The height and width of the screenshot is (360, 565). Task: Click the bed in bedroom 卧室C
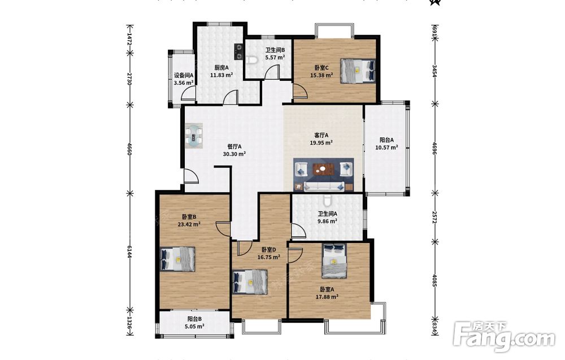[358, 71]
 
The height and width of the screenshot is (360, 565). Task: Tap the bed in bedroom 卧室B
[177, 259]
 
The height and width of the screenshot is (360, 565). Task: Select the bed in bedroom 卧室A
[334, 261]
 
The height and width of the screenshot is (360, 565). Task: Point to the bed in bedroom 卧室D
[250, 282]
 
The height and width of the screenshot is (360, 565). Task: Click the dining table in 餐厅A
[194, 136]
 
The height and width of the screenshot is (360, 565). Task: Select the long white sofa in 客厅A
[324, 186]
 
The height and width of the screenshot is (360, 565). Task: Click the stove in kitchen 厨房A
[239, 51]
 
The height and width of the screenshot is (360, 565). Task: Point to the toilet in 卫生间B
[252, 60]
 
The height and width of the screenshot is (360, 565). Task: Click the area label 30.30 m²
[234, 154]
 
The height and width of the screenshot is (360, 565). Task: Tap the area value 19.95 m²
[321, 143]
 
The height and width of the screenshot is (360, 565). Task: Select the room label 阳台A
[386, 140]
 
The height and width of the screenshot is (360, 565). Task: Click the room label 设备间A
[184, 75]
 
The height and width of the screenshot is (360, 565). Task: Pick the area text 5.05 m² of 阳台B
[194, 327]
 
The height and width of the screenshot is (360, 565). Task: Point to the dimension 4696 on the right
[435, 148]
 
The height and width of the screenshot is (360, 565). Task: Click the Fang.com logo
[505, 337]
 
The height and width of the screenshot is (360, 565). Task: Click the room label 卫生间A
[328, 214]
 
